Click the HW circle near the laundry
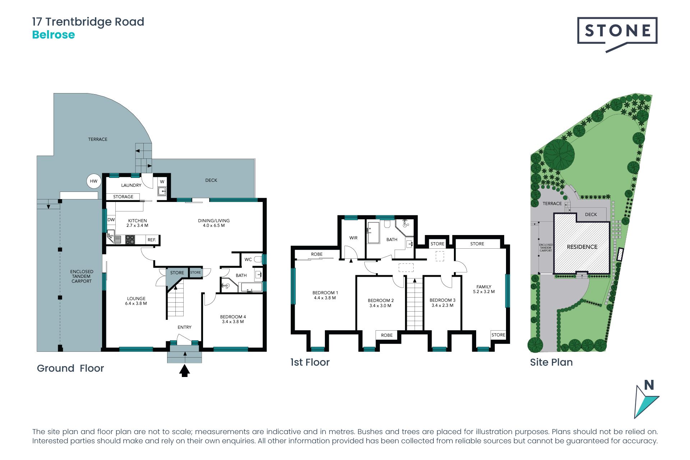click(x=93, y=181)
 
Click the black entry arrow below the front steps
click(x=185, y=371)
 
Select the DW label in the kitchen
click(x=111, y=220)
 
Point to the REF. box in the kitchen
click(x=152, y=240)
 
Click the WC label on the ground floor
click(x=248, y=259)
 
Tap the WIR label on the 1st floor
click(x=353, y=238)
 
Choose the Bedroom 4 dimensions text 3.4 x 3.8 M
click(x=233, y=322)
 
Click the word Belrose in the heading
click(x=54, y=35)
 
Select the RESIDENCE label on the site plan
click(x=582, y=247)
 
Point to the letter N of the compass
click(x=649, y=385)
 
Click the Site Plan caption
click(x=551, y=362)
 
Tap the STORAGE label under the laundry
click(x=123, y=197)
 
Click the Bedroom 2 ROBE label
click(x=387, y=335)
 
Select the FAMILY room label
click(x=484, y=287)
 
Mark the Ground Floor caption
click(x=70, y=368)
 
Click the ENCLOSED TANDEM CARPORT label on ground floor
click(x=82, y=276)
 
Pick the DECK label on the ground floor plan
click(x=211, y=180)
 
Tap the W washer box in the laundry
click(x=162, y=182)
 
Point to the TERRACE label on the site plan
click(x=552, y=203)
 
